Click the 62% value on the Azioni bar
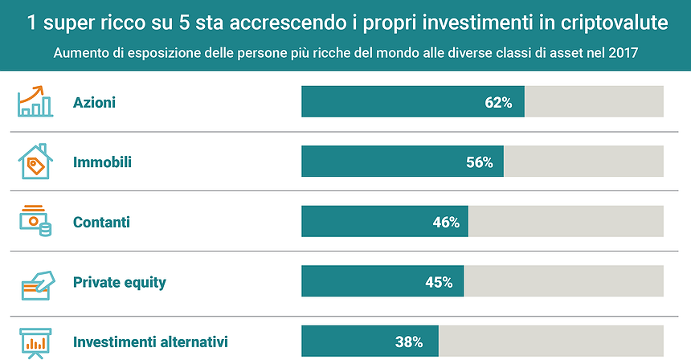[x=498, y=103]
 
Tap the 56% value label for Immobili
[x=479, y=162]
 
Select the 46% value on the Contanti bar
[x=446, y=223]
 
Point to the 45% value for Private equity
[x=439, y=282]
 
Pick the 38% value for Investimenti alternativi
[x=409, y=342]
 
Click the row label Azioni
[x=94, y=103]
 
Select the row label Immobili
[x=102, y=162]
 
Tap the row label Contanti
[x=101, y=223]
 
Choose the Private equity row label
[x=119, y=283]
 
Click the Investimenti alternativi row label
[x=150, y=342]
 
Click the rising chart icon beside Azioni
[x=35, y=101]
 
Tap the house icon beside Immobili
[x=35, y=162]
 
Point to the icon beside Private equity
[x=35, y=282]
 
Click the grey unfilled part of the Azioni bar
[x=594, y=103]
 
